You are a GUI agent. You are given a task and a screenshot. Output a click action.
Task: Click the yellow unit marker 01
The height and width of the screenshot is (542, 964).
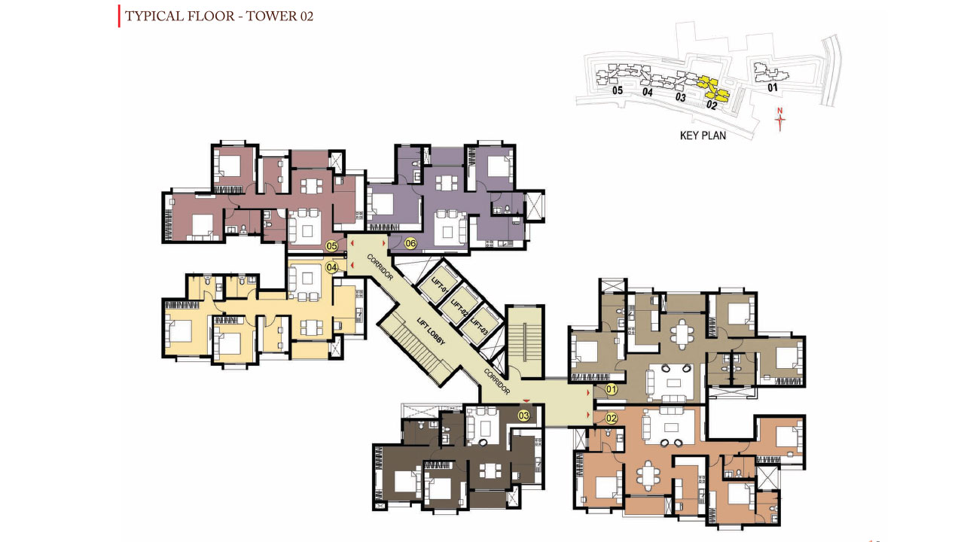(611, 390)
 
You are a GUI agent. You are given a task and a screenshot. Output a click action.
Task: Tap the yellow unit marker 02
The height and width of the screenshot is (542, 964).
(611, 418)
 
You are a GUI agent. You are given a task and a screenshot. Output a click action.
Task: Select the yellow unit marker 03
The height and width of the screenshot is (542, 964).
(523, 416)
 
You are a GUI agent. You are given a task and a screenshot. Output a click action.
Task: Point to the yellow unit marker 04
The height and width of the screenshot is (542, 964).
(331, 267)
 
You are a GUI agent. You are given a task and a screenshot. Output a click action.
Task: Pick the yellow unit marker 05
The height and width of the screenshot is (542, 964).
(331, 246)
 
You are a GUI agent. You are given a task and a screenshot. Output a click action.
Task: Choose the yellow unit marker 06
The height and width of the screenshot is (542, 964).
(410, 243)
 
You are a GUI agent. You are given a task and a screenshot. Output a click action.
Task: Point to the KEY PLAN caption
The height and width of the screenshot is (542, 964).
(703, 135)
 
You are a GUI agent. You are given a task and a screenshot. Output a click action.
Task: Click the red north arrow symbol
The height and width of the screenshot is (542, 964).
(779, 119)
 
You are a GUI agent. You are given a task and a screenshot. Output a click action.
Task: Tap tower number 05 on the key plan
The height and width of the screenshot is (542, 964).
(617, 90)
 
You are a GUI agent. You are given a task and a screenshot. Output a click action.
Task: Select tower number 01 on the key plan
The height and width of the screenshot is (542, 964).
(773, 87)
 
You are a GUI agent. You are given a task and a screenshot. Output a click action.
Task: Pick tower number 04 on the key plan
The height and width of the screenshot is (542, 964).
(647, 92)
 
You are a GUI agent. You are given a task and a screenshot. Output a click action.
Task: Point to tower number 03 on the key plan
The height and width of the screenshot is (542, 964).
(680, 97)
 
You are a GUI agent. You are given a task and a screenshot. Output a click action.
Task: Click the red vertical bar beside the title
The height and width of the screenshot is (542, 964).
(119, 17)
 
